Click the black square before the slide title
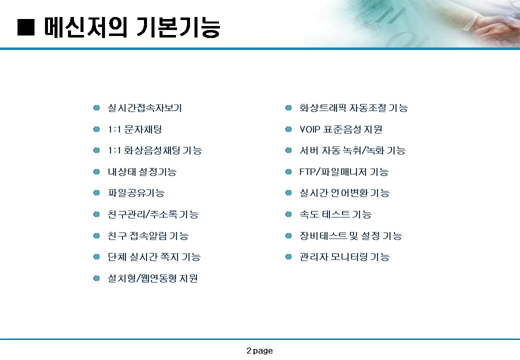point(26,27)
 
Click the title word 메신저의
point(85,27)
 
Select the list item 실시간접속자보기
point(145,108)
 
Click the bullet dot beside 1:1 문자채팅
point(96,129)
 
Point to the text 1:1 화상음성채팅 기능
point(155,150)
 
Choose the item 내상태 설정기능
point(142,171)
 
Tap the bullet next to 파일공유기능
point(96,193)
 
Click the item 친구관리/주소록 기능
point(153,214)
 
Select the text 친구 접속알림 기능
point(148,235)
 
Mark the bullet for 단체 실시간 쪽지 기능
point(96,257)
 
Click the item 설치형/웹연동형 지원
point(153,278)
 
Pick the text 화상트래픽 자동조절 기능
point(353,108)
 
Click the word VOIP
point(309,129)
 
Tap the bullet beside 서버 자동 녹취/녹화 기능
point(288,150)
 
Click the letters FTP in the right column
point(307,171)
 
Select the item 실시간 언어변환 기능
point(344,193)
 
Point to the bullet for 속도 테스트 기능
point(288,214)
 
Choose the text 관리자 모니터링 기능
point(344,257)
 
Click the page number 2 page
point(259,350)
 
